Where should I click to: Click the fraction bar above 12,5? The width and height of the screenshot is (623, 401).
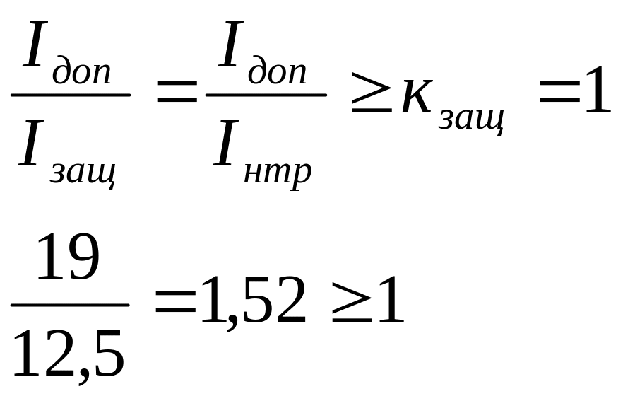click(x=70, y=306)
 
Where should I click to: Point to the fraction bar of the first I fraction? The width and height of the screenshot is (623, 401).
click(x=71, y=94)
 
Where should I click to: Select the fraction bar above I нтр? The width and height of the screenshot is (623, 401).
click(x=266, y=94)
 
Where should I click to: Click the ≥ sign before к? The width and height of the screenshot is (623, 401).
click(x=372, y=99)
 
